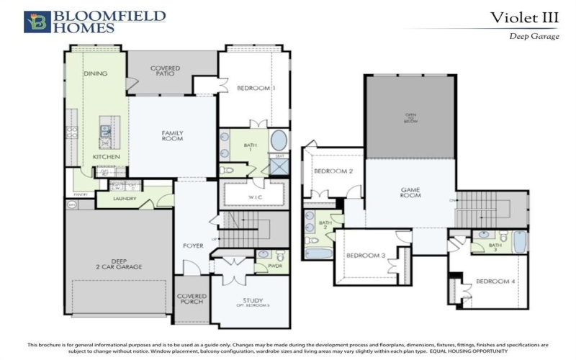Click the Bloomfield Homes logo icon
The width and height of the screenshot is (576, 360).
click(37, 22)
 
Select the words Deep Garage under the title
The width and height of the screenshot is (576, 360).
click(534, 36)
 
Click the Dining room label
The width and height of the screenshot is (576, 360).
click(95, 73)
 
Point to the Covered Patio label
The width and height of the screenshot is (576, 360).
click(165, 71)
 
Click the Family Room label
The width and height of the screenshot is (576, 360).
click(172, 135)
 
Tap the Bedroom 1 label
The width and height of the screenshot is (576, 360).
click(256, 88)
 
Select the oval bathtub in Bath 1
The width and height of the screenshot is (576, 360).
click(278, 139)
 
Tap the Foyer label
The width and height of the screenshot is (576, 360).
click(193, 246)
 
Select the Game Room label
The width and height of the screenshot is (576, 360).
click(410, 193)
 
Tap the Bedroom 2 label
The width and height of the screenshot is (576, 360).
click(333, 171)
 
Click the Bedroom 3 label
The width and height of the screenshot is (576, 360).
click(366, 256)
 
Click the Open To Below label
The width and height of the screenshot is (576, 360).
click(410, 117)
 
